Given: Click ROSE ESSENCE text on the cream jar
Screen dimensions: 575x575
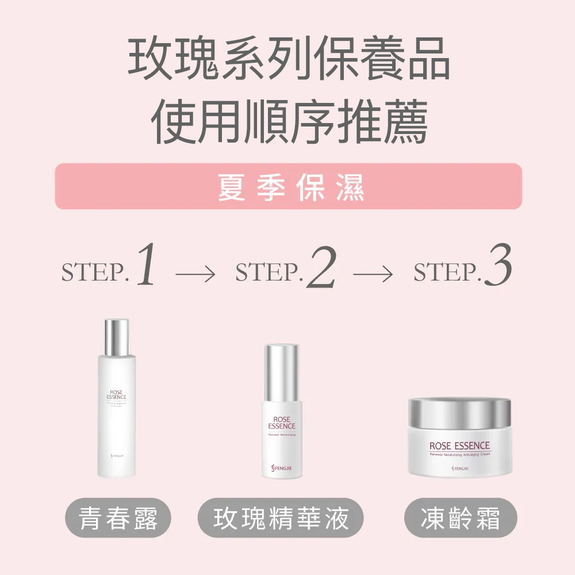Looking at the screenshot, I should (x=459, y=446).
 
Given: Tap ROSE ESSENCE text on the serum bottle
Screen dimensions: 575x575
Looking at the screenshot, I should (x=282, y=423).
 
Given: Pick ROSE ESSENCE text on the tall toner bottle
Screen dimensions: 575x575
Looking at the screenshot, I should (x=117, y=394).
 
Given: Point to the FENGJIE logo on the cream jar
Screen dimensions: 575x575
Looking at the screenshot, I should (x=459, y=469).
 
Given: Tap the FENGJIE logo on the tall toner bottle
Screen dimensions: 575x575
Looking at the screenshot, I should (x=117, y=455).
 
